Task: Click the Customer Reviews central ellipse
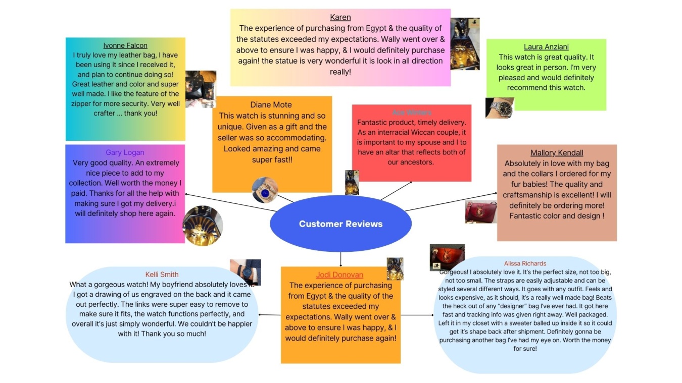(340, 224)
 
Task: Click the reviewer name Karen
(340, 18)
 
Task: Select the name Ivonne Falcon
(125, 45)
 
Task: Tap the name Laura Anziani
(546, 47)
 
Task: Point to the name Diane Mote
(271, 104)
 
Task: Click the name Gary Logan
(125, 152)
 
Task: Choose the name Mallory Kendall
(557, 153)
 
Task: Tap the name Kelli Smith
(162, 275)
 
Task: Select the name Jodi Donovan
(339, 275)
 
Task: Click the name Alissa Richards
(525, 263)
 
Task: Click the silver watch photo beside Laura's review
(500, 107)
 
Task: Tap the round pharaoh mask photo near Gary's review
(203, 226)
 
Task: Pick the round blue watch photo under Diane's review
(265, 190)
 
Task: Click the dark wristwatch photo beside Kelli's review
(246, 272)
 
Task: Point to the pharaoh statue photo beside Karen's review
(465, 44)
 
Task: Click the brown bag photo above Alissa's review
(447, 257)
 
